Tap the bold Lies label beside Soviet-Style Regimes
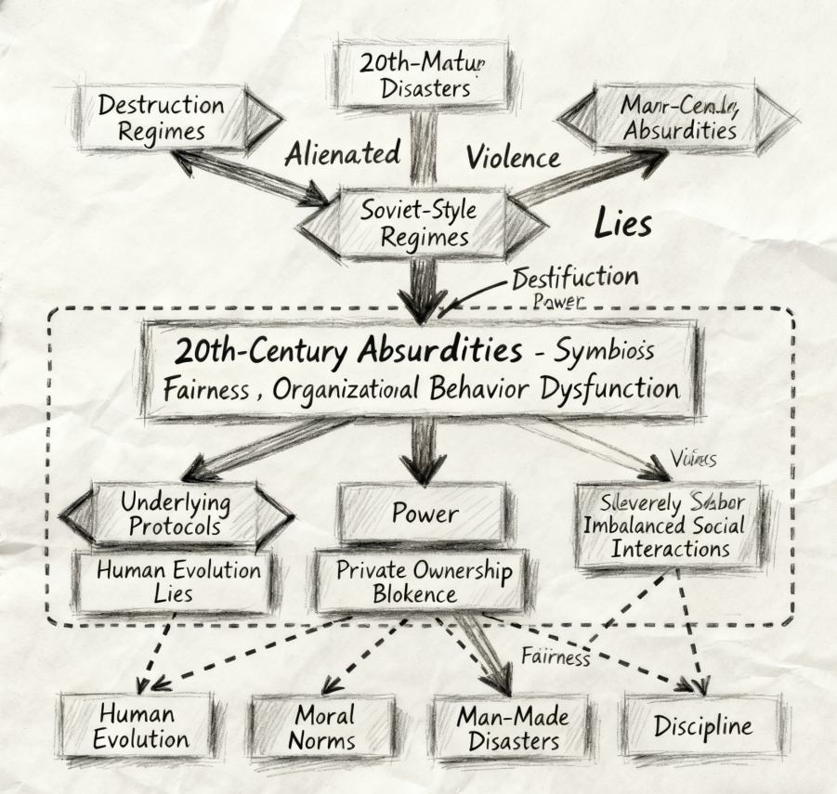coord(621,224)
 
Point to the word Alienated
coord(343,152)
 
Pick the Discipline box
coord(702,725)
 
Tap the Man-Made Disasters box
coord(512,728)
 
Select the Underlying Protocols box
coord(176,514)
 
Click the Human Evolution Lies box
coord(176,580)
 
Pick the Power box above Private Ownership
coord(423,514)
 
